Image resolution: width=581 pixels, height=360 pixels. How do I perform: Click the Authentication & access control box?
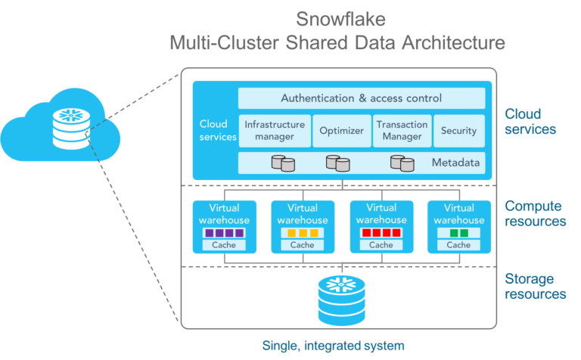[362, 98]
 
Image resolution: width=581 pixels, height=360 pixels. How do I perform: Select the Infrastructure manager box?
[275, 131]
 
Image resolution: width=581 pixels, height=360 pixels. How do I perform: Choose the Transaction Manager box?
[402, 131]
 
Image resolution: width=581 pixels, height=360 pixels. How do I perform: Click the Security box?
[459, 131]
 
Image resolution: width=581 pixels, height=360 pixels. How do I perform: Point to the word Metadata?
[455, 163]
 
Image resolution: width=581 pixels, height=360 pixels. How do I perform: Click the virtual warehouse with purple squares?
[225, 226]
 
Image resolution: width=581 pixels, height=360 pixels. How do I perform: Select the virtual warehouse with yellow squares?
[302, 226]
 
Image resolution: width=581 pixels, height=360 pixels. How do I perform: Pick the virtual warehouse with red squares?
[381, 226]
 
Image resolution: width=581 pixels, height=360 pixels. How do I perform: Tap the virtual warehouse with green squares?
[458, 226]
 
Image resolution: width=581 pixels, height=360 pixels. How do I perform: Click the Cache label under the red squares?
[381, 245]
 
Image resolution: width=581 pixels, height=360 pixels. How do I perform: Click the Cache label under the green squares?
[458, 245]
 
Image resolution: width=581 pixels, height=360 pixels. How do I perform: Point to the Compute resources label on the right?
[535, 213]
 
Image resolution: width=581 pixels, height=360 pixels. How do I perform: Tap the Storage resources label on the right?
[535, 287]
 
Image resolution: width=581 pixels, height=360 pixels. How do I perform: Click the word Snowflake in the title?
[337, 19]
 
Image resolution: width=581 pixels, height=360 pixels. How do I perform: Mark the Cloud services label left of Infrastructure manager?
[218, 131]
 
